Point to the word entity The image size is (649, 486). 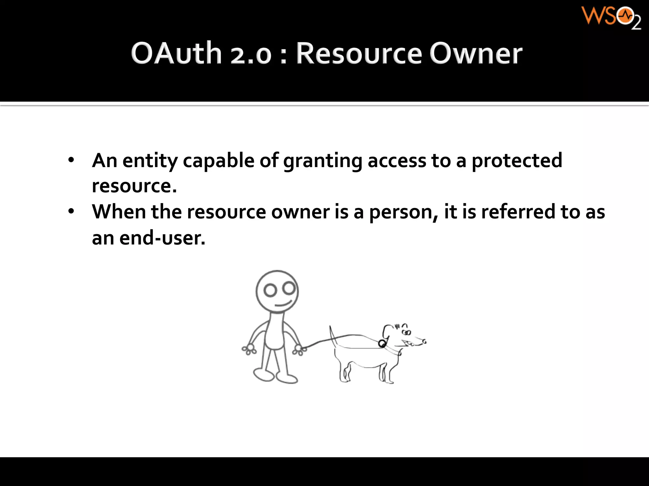[x=150, y=161]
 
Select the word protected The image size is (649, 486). [x=517, y=161]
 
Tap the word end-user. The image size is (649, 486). [x=162, y=238]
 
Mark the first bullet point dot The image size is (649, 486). [x=71, y=160]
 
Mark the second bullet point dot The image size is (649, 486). [x=71, y=211]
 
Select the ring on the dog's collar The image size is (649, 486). [x=382, y=344]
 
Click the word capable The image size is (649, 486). [x=218, y=161]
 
